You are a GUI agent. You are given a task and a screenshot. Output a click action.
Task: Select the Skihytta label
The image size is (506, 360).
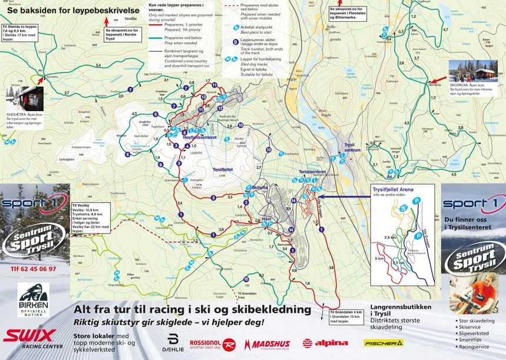pyautogui.click(x=259, y=188)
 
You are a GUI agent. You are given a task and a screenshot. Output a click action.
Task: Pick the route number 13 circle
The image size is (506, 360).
pyautogui.click(x=203, y=96)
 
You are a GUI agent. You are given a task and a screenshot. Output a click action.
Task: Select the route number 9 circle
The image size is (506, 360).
pyautogui.click(x=160, y=165)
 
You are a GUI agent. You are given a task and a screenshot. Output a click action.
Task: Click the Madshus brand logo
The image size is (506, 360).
pyautogui.click(x=268, y=344)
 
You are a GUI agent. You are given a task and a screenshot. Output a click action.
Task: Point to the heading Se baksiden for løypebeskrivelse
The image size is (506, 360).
pyautogui.click(x=74, y=11)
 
